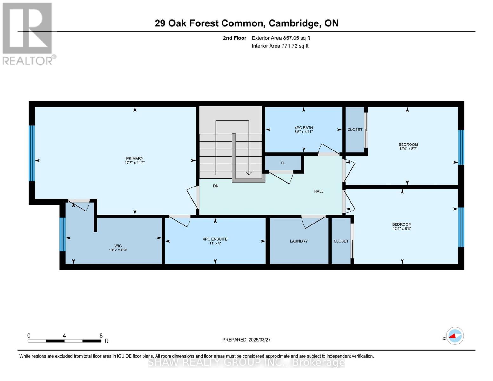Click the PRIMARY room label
click(135, 158)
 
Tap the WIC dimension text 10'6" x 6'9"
click(118, 250)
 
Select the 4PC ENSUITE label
click(215, 239)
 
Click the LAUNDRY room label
click(299, 241)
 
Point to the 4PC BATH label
click(303, 128)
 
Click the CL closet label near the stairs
click(283, 163)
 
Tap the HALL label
click(318, 191)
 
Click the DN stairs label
click(216, 186)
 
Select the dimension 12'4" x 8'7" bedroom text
click(408, 149)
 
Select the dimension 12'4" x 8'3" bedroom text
click(402, 229)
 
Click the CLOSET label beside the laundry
click(341, 241)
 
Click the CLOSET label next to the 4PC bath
click(355, 130)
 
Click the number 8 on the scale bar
click(101, 336)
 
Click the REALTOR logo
click(28, 33)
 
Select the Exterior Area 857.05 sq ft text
click(281, 38)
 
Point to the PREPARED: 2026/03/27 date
click(246, 340)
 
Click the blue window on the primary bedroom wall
click(31, 153)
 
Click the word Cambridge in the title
click(294, 23)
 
